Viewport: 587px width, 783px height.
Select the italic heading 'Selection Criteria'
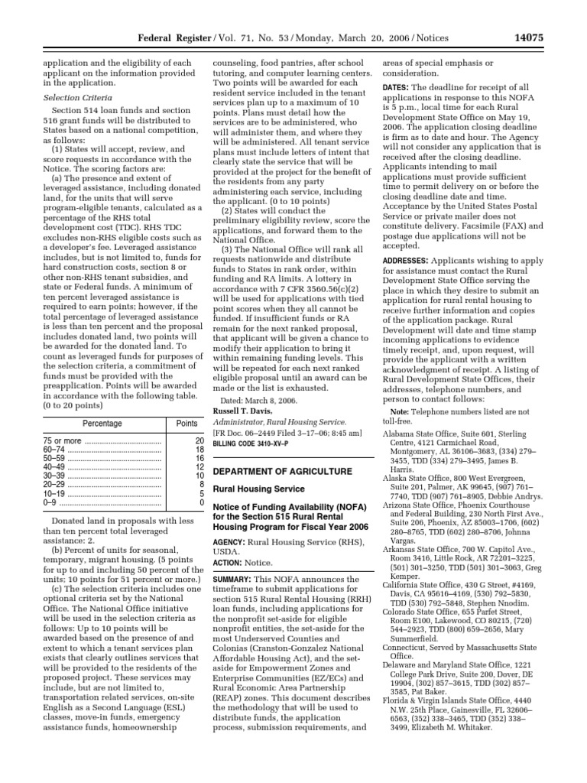coord(77,98)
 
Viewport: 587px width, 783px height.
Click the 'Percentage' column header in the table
coord(102,422)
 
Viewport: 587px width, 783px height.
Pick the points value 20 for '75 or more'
coord(199,441)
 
